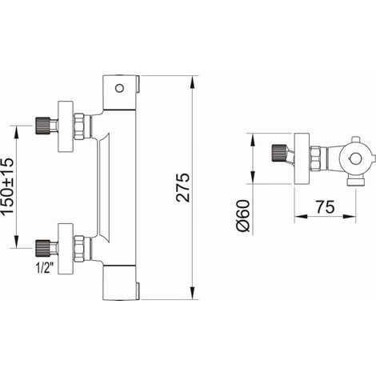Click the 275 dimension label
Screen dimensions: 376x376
click(x=183, y=187)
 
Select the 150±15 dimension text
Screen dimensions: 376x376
click(x=7, y=186)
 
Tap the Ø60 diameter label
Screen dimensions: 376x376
click(x=243, y=215)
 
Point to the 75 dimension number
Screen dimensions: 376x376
click(x=325, y=207)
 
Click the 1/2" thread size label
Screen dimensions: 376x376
click(x=45, y=267)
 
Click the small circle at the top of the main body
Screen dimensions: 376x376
click(x=119, y=88)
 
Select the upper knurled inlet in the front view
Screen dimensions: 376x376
click(x=42, y=126)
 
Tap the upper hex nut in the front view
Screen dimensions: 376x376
click(x=79, y=126)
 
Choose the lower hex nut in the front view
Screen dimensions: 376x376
click(x=79, y=249)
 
